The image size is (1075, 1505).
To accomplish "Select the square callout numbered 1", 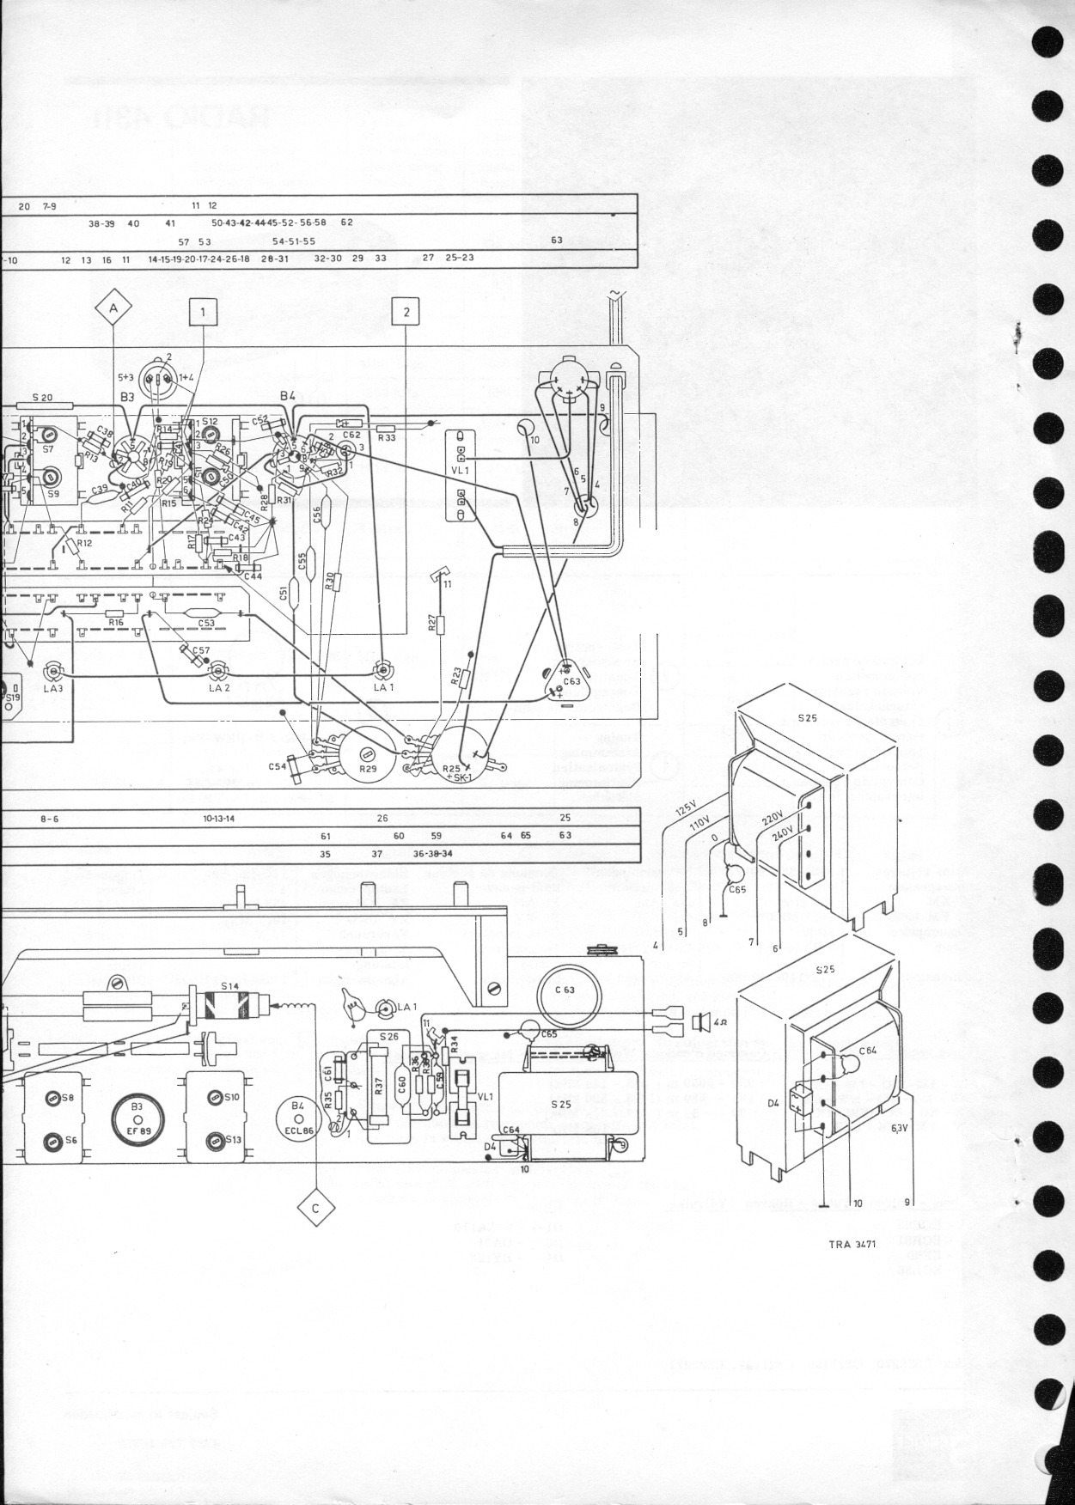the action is coord(203,313).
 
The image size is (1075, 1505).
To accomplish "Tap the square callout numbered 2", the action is coord(406,312).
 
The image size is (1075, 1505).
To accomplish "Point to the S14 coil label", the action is coord(228,986).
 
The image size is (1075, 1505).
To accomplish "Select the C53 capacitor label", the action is coord(206,624).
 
